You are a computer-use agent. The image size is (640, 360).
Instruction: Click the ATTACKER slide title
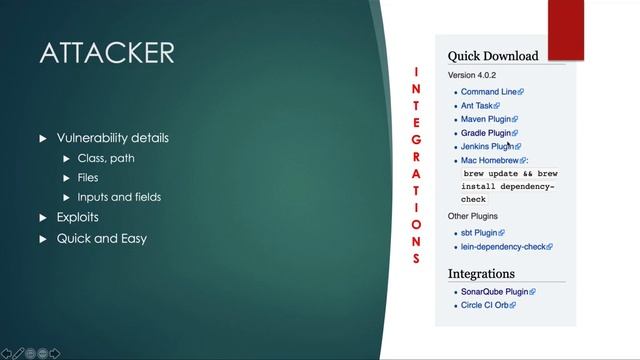pos(107,53)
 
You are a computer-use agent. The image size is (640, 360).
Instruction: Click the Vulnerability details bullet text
pos(112,138)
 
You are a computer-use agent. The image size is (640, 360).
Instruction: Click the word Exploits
pos(77,217)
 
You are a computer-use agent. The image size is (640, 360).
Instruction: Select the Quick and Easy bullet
pos(101,238)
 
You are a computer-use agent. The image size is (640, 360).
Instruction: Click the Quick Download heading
pos(492,56)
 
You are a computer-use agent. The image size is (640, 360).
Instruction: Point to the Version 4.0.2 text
pos(472,75)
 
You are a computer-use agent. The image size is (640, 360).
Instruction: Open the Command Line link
pos(489,92)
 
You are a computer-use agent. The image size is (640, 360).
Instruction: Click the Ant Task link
pos(477,105)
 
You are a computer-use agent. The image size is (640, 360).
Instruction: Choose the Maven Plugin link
pos(486,119)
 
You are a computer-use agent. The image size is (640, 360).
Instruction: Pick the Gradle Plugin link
pos(486,132)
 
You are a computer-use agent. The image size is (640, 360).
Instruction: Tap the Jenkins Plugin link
pos(487,146)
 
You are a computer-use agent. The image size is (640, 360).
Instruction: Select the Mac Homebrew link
pos(490,160)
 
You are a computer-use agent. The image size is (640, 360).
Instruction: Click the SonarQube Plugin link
pos(494,292)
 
